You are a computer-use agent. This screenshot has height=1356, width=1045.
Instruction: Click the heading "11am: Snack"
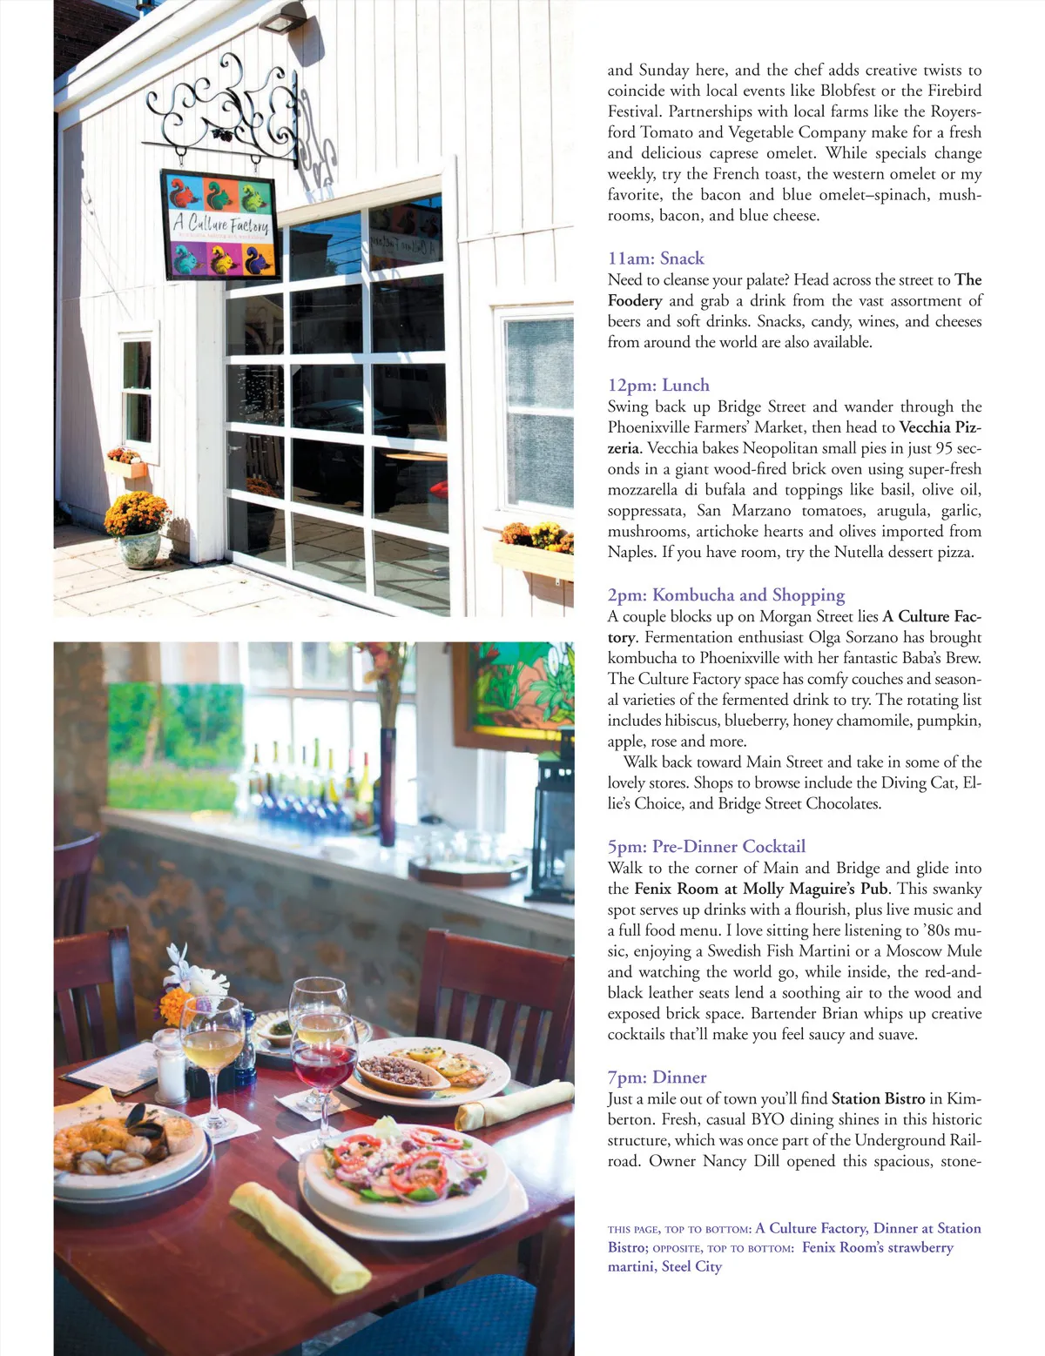(x=656, y=258)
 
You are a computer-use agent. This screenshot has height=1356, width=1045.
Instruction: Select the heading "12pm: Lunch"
(x=658, y=386)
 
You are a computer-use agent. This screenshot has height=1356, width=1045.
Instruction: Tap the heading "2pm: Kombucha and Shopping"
(x=726, y=595)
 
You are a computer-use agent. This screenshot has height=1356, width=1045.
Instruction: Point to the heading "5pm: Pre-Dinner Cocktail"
(x=706, y=847)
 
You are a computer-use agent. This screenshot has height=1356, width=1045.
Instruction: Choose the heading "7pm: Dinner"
(x=657, y=1077)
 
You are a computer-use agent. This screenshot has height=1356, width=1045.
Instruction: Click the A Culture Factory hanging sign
(x=219, y=225)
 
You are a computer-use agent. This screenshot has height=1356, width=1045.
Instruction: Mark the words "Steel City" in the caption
(x=691, y=1266)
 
